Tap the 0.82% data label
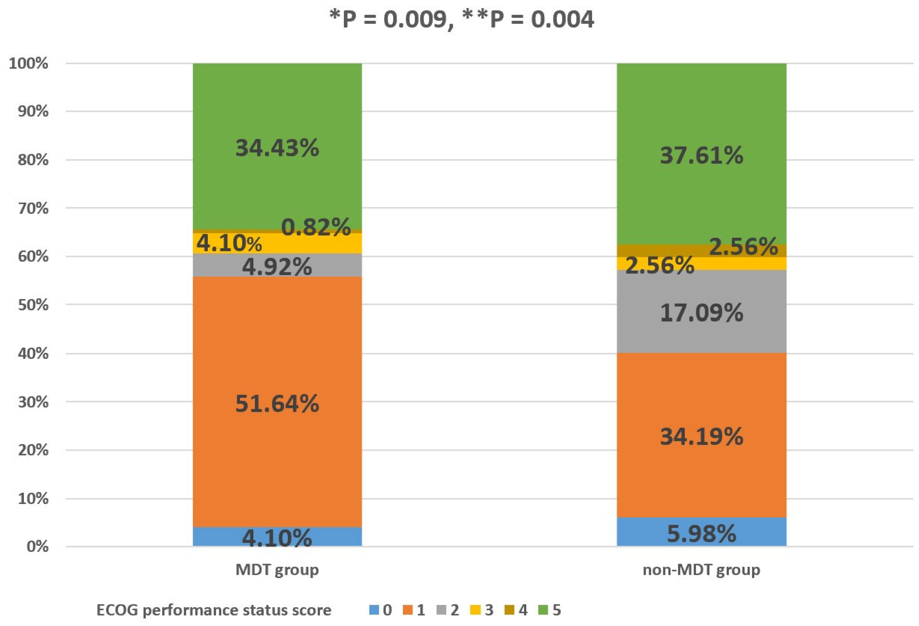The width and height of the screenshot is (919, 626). click(316, 227)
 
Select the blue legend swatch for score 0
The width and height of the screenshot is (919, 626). click(374, 610)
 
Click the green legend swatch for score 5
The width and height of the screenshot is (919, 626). click(543, 610)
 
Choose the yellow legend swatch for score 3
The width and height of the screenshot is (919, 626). click(475, 610)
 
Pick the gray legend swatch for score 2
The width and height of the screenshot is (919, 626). click(441, 610)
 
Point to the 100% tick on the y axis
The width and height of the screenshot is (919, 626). click(28, 63)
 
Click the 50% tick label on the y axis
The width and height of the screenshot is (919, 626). click(33, 305)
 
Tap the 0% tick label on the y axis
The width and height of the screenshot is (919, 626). click(38, 546)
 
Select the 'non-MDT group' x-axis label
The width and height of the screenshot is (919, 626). click(701, 570)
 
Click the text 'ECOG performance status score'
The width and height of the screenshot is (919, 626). click(213, 610)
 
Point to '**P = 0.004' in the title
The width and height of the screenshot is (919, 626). click(529, 19)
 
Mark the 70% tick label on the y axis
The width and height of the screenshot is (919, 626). click(33, 208)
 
